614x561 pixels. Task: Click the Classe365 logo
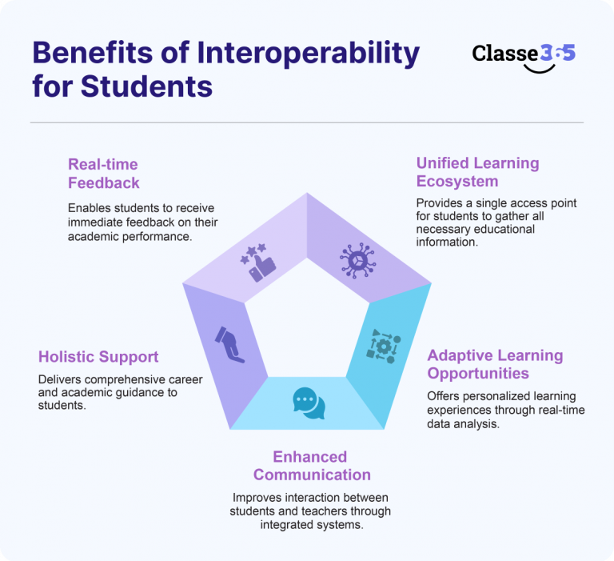click(524, 58)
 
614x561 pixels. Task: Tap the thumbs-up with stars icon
click(258, 262)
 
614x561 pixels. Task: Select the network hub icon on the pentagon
click(357, 261)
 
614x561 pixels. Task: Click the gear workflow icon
click(384, 347)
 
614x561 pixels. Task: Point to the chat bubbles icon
click(309, 403)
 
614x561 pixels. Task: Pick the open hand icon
click(230, 345)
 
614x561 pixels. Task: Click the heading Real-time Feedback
click(103, 174)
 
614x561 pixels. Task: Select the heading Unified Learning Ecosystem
click(477, 172)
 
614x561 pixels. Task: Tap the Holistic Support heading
click(98, 357)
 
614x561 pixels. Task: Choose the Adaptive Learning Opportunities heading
click(495, 364)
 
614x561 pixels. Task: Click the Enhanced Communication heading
click(312, 466)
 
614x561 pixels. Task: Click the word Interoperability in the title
click(308, 53)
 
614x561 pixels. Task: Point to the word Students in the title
click(147, 86)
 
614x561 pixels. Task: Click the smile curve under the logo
click(539, 69)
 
